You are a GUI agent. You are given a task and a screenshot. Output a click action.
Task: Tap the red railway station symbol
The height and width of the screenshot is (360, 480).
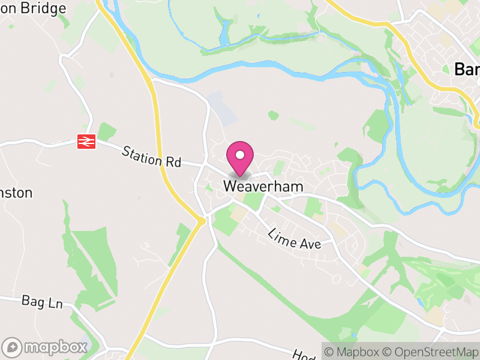[x=87, y=142]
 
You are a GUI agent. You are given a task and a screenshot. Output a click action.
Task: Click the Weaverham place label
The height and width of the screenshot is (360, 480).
[x=263, y=187]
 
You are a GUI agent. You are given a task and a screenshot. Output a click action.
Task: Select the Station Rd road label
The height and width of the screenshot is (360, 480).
[x=151, y=156]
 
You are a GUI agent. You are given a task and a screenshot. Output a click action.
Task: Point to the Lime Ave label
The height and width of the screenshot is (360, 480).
[x=295, y=239]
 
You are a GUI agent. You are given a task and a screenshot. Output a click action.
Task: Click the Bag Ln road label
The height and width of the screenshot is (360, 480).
[x=42, y=301]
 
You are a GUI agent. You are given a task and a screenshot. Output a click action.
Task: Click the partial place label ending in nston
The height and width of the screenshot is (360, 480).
[x=16, y=193]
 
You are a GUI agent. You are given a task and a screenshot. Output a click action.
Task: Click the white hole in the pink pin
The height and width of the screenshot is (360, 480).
[x=240, y=155]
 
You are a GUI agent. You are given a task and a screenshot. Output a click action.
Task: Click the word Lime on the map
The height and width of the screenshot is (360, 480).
[x=281, y=234]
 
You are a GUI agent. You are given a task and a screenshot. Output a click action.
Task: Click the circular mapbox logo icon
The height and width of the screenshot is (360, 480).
[x=13, y=347]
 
